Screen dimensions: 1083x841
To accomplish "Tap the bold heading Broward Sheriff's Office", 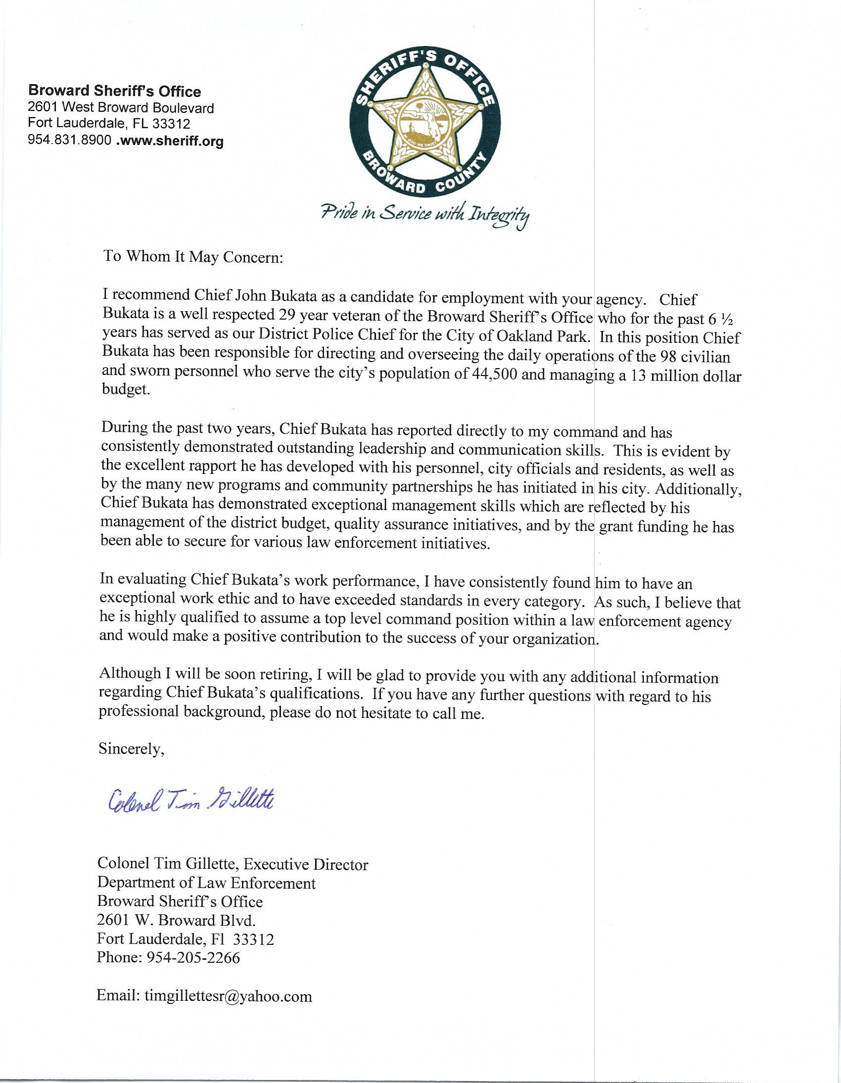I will tap(115, 91).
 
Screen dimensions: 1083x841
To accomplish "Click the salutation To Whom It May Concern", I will tap(192, 258).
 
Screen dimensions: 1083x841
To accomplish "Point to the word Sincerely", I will tap(132, 749).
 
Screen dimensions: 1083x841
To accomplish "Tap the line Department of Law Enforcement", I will tap(206, 883).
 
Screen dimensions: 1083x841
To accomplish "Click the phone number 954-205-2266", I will tap(193, 957).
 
